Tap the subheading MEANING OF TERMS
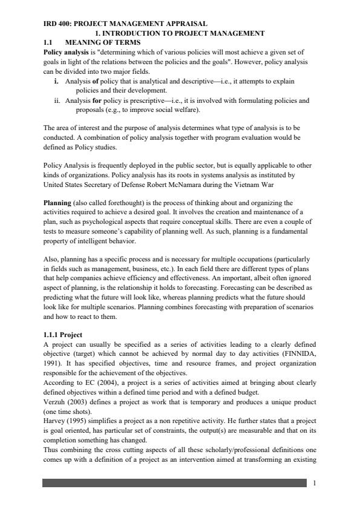click(x=102, y=43)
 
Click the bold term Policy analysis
click(x=65, y=53)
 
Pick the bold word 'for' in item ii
click(x=96, y=100)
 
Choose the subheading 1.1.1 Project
click(x=63, y=334)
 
